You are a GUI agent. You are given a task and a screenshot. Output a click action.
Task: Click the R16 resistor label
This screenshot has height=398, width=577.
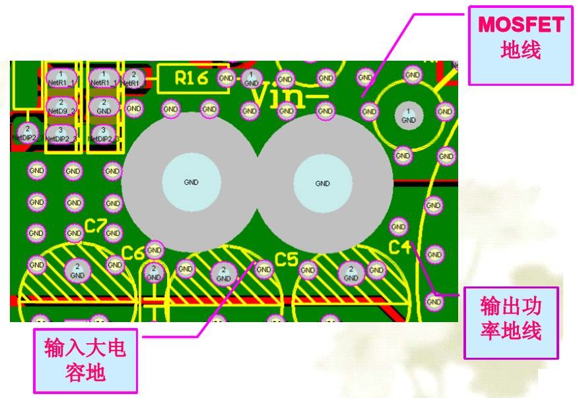coord(191,78)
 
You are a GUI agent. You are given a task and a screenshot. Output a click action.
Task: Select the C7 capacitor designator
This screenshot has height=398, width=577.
coord(96,226)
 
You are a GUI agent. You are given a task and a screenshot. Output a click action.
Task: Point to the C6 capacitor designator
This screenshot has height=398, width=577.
coord(133,253)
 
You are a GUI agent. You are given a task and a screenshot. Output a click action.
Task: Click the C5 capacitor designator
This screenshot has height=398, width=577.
coord(287,259)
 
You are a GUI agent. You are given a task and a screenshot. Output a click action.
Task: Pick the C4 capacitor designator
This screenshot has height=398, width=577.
coord(399,248)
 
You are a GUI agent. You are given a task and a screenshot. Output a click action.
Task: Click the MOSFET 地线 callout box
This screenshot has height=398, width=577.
coord(520,45)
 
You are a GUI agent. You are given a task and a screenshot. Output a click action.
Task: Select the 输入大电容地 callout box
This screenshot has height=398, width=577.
coord(85,360)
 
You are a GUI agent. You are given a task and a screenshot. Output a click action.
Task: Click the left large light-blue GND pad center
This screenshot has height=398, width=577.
coord(191,182)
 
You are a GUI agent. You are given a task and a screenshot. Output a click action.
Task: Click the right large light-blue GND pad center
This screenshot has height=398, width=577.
coord(322,183)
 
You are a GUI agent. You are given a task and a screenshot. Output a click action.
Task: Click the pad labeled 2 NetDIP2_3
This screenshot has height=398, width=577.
coord(27,132)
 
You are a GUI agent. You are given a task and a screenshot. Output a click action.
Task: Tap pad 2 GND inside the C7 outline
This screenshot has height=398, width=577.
coord(78,269)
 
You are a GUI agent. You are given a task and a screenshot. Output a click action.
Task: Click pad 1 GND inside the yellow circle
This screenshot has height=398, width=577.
coord(408,116)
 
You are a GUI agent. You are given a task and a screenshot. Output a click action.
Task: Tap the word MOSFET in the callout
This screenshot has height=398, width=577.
coord(521,25)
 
